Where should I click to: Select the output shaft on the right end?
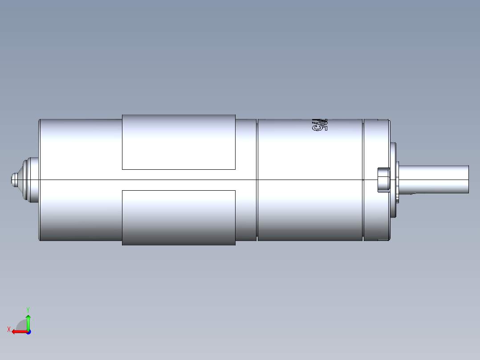(434, 179)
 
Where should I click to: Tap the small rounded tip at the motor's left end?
(13, 180)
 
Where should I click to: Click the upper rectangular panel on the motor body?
(179, 142)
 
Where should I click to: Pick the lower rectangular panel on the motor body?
(179, 217)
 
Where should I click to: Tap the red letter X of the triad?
(9, 329)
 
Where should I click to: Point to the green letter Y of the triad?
(28, 309)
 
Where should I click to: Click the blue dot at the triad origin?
(28, 331)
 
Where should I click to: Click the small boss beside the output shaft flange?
(383, 180)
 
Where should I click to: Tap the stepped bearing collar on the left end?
(31, 180)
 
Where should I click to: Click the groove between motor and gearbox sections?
(257, 180)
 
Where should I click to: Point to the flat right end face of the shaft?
(468, 179)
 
